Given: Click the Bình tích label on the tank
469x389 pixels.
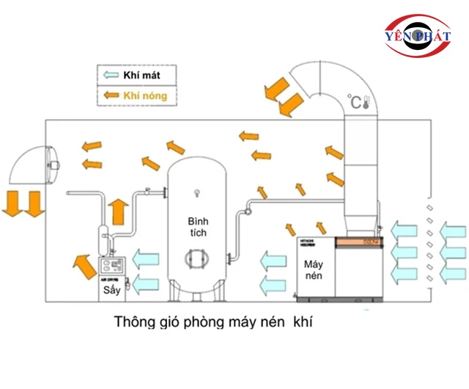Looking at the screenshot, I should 197,227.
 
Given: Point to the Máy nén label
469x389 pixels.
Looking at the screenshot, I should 313,270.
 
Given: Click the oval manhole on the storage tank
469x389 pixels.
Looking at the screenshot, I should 197,258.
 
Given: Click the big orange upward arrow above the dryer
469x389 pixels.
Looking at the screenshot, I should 117,211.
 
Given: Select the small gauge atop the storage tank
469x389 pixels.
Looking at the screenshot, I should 196,193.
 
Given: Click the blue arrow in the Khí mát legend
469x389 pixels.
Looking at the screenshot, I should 112,75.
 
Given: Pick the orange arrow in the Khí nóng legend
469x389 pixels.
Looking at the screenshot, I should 112,95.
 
